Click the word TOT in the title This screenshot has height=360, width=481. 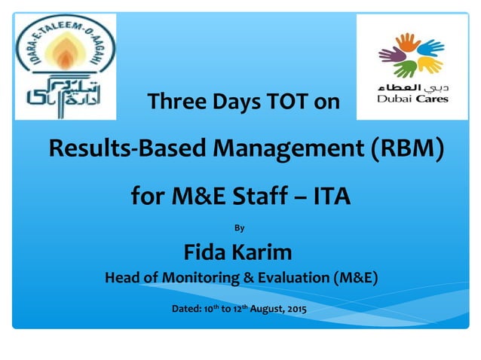(x=285, y=102)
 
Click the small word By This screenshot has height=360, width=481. (x=240, y=227)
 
